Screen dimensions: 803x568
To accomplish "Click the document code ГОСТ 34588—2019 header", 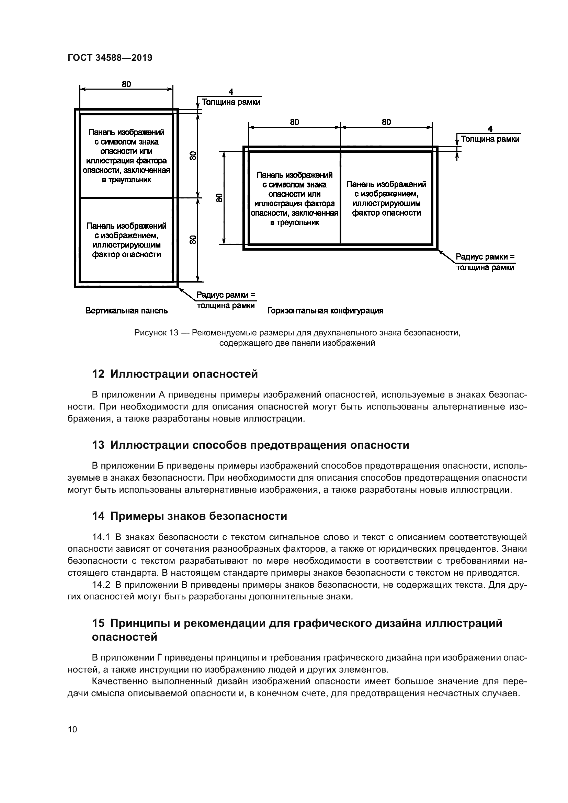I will [x=110, y=58].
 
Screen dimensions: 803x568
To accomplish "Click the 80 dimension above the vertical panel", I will [x=126, y=84].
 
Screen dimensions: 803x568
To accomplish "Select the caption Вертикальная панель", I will [x=127, y=311].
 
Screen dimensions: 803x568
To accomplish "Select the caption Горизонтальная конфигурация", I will [x=325, y=311].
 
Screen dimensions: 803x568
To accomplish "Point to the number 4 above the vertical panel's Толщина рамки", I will [x=231, y=92].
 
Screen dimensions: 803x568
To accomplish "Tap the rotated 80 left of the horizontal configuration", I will [x=219, y=198].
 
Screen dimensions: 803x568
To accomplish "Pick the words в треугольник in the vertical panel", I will [x=127, y=180].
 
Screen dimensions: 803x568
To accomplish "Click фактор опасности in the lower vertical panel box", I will [x=127, y=255].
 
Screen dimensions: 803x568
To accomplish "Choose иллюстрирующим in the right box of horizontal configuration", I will [x=386, y=203].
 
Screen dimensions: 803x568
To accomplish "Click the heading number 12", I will [x=98, y=374].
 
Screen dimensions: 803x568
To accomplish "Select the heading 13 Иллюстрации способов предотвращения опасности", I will [x=250, y=445].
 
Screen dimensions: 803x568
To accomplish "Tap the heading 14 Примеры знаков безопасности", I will [x=189, y=516].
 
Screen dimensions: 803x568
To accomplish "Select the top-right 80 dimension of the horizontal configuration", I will [x=386, y=122].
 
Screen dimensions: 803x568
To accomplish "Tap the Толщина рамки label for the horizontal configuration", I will [x=490, y=139].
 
